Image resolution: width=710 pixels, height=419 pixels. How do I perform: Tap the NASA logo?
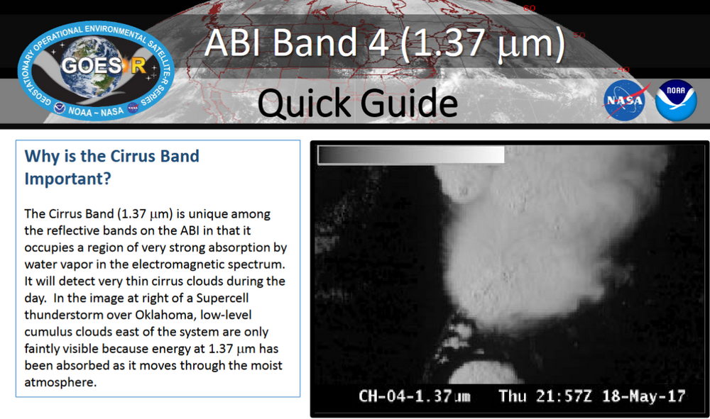(x=627, y=101)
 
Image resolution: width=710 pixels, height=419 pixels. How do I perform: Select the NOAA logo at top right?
(x=676, y=101)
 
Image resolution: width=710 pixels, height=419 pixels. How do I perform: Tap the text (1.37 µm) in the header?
(x=483, y=44)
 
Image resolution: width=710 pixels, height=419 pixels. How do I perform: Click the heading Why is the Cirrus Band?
(x=112, y=156)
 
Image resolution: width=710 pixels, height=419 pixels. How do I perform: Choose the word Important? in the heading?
(x=67, y=179)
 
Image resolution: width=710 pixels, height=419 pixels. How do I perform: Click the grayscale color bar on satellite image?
(x=411, y=155)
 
